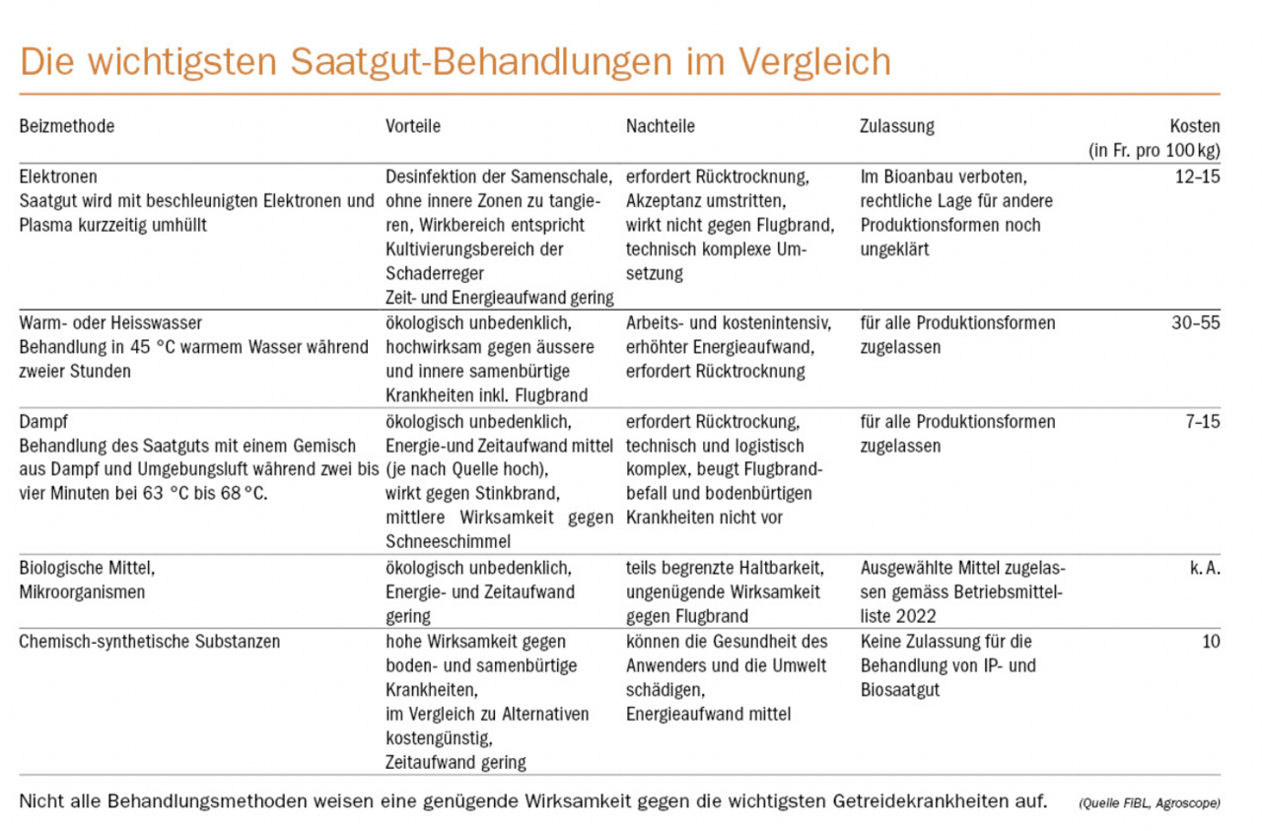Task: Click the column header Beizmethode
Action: coord(67,126)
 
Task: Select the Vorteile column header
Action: coord(412,126)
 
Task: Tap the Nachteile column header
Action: coord(661,126)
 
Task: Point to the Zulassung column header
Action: coord(897,126)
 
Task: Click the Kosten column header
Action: coord(1194,126)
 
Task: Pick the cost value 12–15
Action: coord(1197,176)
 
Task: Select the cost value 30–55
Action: coord(1197,323)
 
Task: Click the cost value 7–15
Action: coord(1201,422)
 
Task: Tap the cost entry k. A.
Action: coord(1204,568)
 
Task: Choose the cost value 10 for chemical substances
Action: coord(1211,642)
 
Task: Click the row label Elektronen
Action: coord(58,176)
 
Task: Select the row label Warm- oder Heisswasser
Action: coord(110,323)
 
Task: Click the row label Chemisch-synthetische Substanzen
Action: coord(150,642)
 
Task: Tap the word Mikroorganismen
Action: coord(82,592)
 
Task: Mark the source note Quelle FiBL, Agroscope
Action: coord(1149,802)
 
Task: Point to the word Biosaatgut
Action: coord(900,690)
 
